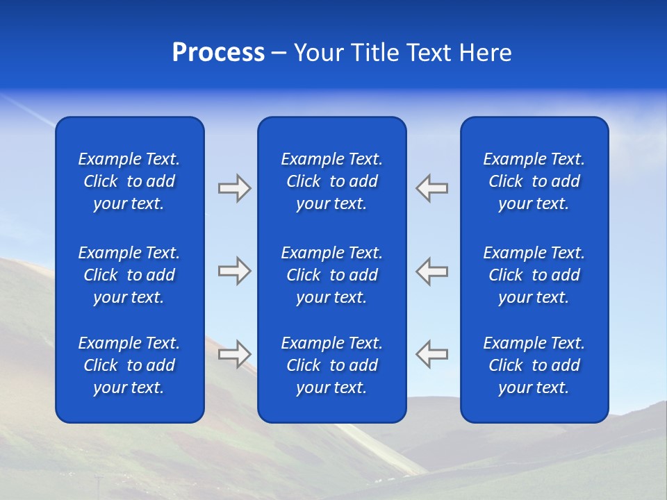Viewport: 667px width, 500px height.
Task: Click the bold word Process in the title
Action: pyautogui.click(x=218, y=53)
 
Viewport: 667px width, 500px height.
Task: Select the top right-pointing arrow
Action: pyautogui.click(x=234, y=188)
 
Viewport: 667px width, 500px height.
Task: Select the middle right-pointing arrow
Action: pyautogui.click(x=234, y=271)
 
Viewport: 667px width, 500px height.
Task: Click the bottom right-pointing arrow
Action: pyautogui.click(x=234, y=353)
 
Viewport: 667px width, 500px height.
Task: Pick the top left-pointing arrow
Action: pyautogui.click(x=432, y=188)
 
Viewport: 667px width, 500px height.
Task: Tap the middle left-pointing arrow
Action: pyautogui.click(x=432, y=271)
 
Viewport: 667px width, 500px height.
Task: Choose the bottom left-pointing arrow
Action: pyautogui.click(x=432, y=353)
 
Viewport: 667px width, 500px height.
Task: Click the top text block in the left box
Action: pyautogui.click(x=129, y=181)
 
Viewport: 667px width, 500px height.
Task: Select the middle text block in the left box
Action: pyautogui.click(x=129, y=275)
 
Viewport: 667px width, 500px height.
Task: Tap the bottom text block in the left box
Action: pyautogui.click(x=129, y=365)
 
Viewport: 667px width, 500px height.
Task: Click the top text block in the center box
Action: pyautogui.click(x=331, y=181)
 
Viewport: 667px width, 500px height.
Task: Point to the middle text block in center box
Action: pyautogui.click(x=331, y=275)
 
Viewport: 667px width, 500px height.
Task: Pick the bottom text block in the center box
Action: pyautogui.click(x=331, y=365)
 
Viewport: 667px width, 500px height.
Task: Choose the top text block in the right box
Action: pyautogui.click(x=534, y=181)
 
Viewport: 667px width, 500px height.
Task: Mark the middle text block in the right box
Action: pyautogui.click(x=534, y=275)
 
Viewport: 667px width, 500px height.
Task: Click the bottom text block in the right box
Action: pyautogui.click(x=534, y=365)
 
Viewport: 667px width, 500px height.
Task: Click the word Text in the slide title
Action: pyautogui.click(x=429, y=53)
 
